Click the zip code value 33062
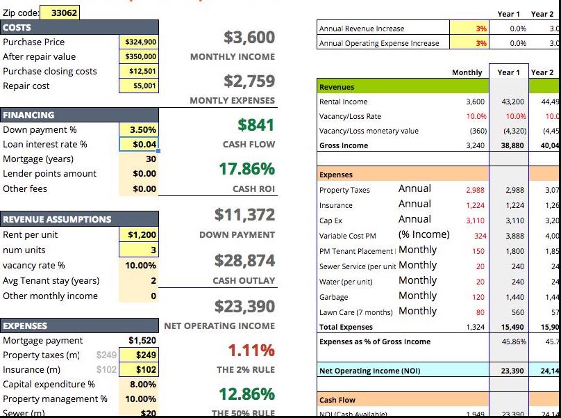tap(65, 13)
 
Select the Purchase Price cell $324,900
tap(140, 42)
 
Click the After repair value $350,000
tap(140, 57)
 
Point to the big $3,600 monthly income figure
tap(249, 37)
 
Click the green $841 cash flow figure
tap(256, 125)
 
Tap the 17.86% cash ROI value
tap(246, 169)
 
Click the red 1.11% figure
tap(251, 350)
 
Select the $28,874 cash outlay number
tap(244, 261)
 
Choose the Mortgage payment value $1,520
tap(142, 341)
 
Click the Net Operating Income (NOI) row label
tap(369, 371)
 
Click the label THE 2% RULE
tap(246, 370)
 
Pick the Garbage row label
tap(334, 297)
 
